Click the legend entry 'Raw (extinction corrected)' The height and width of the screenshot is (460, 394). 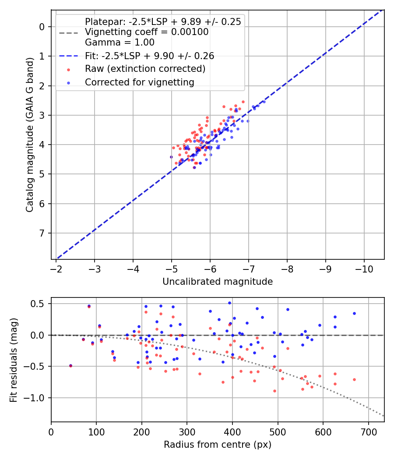click(145, 69)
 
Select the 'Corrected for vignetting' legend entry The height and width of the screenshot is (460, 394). click(139, 82)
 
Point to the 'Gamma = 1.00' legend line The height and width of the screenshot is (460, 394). click(120, 42)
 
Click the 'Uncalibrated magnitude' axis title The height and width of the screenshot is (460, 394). click(218, 282)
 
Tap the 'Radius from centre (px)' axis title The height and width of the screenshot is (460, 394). click(218, 445)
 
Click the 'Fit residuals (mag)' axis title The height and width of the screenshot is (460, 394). click(14, 360)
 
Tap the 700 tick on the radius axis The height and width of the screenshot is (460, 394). click(368, 431)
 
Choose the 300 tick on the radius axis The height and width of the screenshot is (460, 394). click(187, 431)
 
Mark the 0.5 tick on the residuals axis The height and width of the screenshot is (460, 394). click(39, 304)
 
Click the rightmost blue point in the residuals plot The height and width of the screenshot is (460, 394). click(354, 313)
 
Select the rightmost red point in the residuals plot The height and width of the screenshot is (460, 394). click(354, 379)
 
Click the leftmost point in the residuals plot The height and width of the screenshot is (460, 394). click(70, 365)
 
